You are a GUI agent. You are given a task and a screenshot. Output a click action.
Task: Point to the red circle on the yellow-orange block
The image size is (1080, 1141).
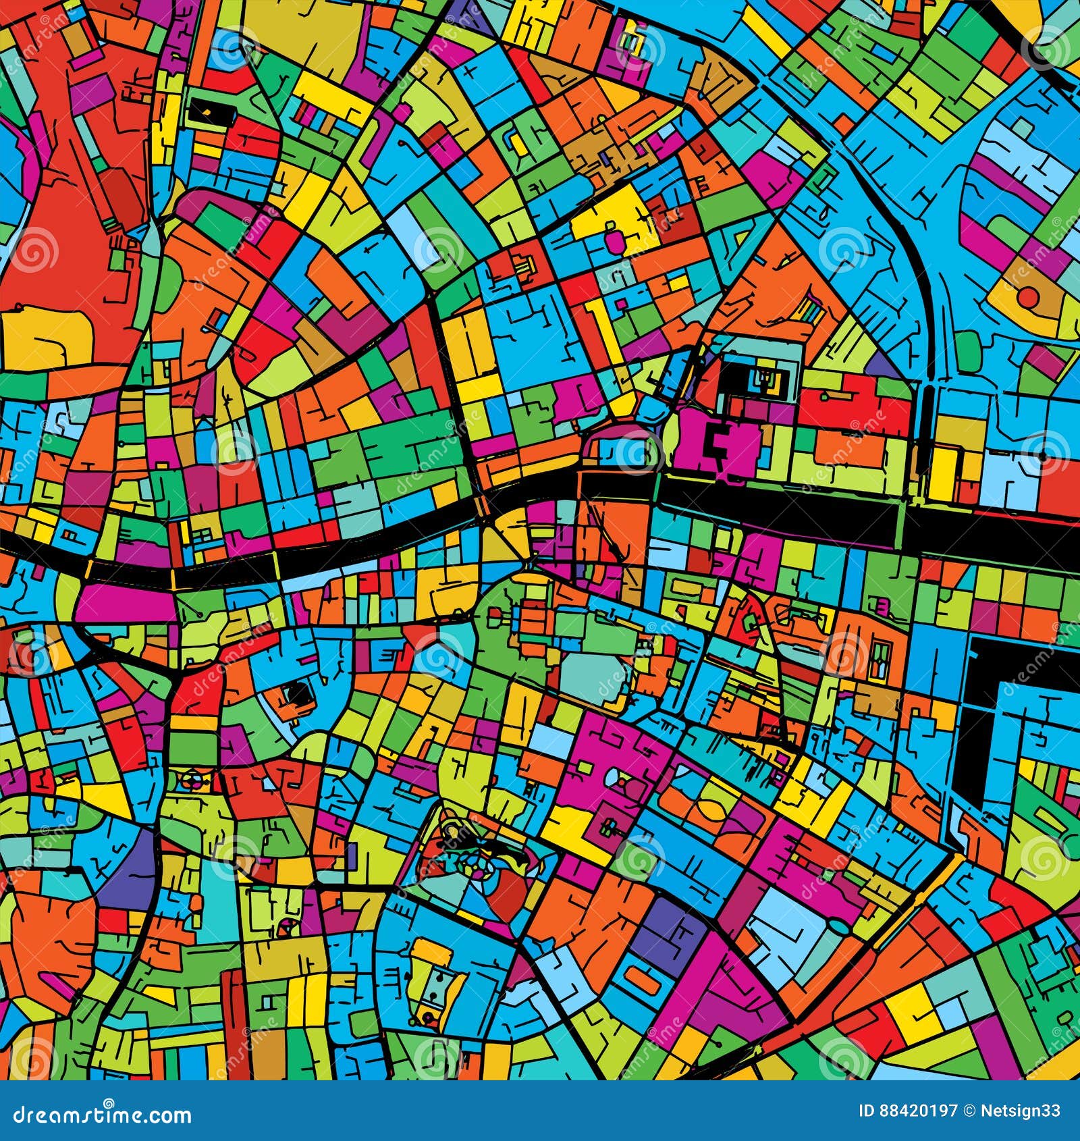click(1028, 298)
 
